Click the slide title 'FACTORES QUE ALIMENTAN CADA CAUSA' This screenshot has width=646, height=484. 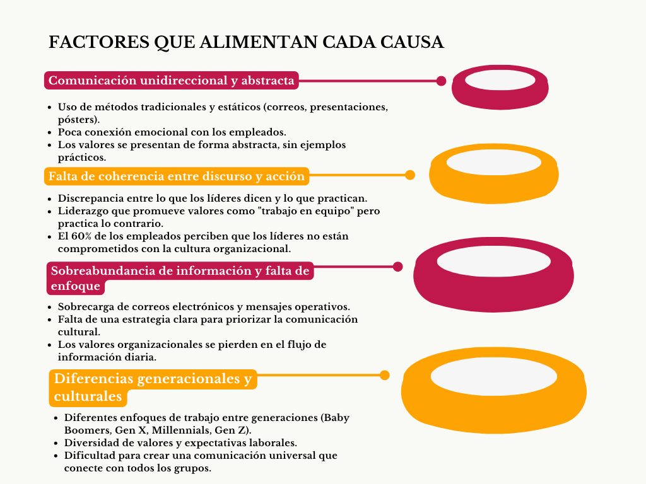(246, 42)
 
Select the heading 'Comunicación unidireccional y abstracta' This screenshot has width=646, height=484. (172, 80)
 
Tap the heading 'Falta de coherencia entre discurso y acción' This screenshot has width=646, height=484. (177, 176)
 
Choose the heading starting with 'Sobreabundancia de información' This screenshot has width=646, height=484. (180, 278)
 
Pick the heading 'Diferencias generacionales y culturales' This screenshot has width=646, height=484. (153, 388)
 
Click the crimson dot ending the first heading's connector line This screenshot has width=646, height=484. (441, 81)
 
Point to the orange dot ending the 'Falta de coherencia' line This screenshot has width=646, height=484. (410, 175)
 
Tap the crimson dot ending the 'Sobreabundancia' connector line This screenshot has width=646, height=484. (397, 267)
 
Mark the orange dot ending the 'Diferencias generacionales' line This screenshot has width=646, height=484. (384, 376)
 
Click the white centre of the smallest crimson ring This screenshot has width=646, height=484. (500, 80)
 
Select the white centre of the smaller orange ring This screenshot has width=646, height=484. (493, 162)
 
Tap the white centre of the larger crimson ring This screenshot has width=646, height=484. (493, 262)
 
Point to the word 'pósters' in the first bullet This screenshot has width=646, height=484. (76, 120)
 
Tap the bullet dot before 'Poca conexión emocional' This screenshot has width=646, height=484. (50, 133)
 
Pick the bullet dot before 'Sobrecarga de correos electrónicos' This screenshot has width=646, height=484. (50, 308)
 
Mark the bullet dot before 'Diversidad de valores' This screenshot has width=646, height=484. (56, 444)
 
